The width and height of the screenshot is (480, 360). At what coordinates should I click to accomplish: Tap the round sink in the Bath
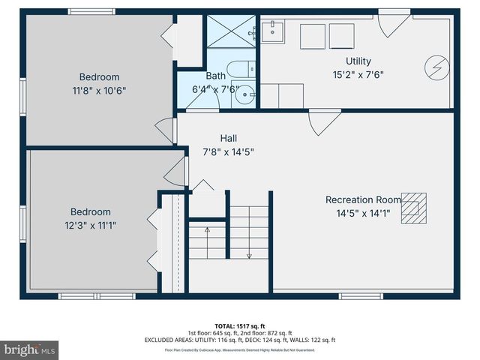click(x=248, y=94)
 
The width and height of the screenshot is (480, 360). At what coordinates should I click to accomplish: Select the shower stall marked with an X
click(x=231, y=33)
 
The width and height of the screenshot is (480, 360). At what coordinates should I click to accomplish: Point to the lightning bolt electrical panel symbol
click(x=437, y=67)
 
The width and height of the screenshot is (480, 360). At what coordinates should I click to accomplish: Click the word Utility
click(x=358, y=61)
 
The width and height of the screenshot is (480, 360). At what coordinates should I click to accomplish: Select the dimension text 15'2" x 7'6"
click(x=358, y=75)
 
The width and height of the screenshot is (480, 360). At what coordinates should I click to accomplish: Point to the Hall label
click(x=229, y=138)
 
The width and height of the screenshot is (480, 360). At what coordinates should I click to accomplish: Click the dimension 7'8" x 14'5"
click(x=229, y=152)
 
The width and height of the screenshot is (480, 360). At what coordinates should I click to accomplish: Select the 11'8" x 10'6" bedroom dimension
click(x=100, y=91)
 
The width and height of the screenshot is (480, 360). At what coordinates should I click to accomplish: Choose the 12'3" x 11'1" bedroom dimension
click(x=90, y=225)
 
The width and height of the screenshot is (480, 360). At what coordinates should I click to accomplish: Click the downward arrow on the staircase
click(x=249, y=255)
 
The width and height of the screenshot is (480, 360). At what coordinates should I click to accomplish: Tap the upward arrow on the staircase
click(x=208, y=230)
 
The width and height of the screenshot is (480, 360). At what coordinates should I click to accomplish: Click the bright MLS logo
click(x=30, y=349)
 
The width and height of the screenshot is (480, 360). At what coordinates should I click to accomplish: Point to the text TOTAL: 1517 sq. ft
click(x=239, y=325)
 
